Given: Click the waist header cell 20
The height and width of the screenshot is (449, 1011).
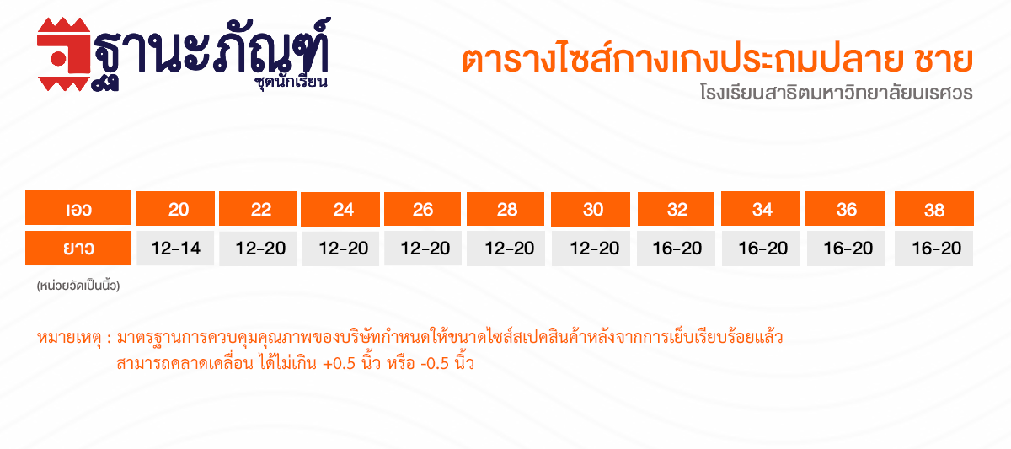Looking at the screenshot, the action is pos(175,208).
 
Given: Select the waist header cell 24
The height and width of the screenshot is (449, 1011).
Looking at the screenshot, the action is pos(340,209).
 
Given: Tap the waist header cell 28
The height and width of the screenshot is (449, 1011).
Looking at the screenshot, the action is pos(505,209).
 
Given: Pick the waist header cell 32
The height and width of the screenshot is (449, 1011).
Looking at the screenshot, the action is pos(676,209).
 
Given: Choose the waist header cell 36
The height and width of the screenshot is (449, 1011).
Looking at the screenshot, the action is pos(845,208).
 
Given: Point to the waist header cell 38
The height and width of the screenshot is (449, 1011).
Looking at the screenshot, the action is pos(934,208).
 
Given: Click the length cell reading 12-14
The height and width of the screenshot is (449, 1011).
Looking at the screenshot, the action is pos(175,249).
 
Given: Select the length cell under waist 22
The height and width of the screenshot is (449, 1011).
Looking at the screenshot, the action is pos(258,249).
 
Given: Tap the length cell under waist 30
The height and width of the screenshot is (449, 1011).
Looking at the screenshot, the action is pos(591,249).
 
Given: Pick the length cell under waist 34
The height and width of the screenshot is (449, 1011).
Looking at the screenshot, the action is pos(761,249).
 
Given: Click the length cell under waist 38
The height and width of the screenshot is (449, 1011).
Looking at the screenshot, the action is pos(934,249).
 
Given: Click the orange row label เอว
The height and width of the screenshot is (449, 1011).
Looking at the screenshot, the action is pos(78,207).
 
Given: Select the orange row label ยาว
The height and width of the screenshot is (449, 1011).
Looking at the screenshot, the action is pos(78,249).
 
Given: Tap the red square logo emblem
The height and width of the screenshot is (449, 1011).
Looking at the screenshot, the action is pos(64,54).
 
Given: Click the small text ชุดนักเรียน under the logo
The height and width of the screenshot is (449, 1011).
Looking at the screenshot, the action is pos(292,82).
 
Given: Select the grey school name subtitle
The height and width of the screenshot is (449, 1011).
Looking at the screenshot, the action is pos(837,93).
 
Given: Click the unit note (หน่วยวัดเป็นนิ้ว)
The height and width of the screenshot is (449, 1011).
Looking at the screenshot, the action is pos(78,286).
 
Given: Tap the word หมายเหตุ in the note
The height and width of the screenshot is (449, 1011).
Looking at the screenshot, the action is pos(69,338).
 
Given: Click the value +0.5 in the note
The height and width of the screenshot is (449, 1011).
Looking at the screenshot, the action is pos(339,364).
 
